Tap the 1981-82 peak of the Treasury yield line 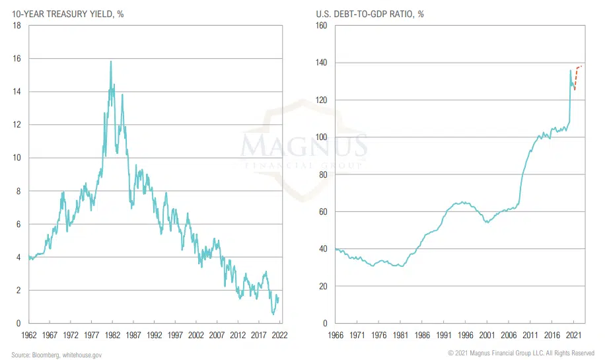(x=110, y=61)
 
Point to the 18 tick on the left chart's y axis (x=17, y=25)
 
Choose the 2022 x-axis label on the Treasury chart (x=279, y=336)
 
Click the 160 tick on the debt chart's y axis (x=321, y=26)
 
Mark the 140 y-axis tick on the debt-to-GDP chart (x=321, y=63)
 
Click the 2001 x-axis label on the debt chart (x=487, y=336)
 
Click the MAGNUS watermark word (x=303, y=145)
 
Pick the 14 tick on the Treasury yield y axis (x=17, y=92)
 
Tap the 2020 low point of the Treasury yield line (x=273, y=314)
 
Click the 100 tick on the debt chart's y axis (x=321, y=137)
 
